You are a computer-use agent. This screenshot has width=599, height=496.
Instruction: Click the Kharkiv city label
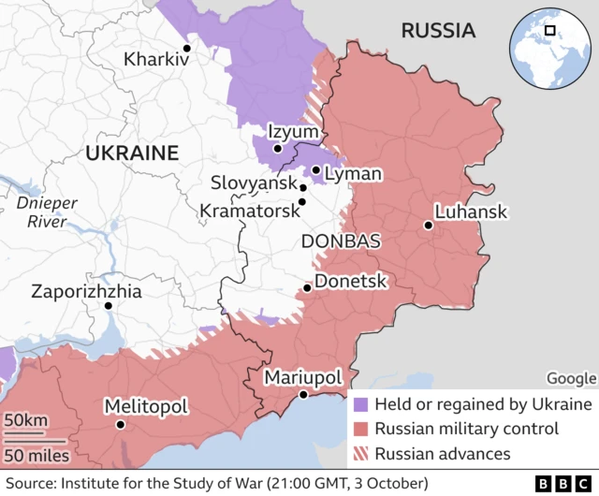[x=156, y=59]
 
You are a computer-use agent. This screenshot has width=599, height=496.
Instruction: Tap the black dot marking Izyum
[x=277, y=148]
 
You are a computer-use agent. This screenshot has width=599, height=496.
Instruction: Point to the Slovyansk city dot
[x=302, y=187]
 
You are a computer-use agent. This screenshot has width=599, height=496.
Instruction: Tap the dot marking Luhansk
[x=428, y=225]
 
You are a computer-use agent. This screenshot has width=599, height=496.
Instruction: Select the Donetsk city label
[x=351, y=281]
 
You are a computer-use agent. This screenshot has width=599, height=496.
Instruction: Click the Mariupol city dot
[x=302, y=396]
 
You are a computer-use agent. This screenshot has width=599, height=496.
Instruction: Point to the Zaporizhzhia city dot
[x=109, y=305]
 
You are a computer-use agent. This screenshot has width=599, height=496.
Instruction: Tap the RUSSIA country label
[x=438, y=31]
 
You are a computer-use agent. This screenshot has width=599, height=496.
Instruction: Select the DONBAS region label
[x=341, y=241]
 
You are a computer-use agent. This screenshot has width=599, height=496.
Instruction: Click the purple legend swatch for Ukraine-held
[x=362, y=405]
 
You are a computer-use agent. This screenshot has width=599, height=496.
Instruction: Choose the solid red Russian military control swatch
[x=362, y=430]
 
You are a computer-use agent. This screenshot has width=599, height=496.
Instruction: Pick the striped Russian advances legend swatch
[x=362, y=454]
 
